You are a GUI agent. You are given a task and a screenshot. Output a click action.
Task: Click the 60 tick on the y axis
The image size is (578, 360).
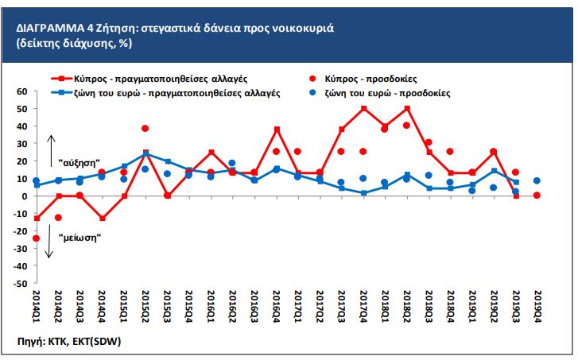[21, 91]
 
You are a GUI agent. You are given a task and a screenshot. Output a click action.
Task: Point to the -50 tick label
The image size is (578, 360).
[20, 283]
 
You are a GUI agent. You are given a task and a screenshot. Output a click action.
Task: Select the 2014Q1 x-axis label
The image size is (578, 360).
[36, 307]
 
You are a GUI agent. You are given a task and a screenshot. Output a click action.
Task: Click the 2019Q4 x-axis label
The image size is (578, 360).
[537, 307]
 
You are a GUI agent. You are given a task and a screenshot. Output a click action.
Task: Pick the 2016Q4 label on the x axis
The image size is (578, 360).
[276, 307]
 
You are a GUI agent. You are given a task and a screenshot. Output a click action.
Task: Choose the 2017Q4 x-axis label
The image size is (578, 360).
[363, 307]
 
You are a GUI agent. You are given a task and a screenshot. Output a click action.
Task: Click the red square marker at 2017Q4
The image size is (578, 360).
[363, 108]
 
